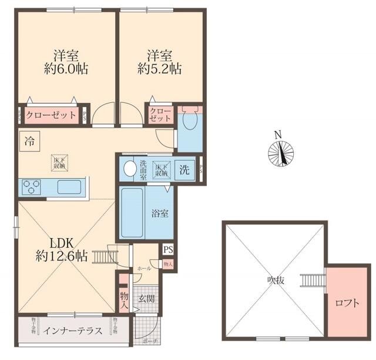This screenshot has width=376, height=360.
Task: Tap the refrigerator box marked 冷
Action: click(x=28, y=141)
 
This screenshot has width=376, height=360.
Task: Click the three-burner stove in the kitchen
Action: click(x=31, y=188)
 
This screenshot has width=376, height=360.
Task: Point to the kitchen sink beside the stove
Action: click(x=69, y=188)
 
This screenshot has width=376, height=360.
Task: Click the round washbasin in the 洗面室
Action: click(x=129, y=170)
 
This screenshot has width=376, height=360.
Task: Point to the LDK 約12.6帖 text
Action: click(x=61, y=249)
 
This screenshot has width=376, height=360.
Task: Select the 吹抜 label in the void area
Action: click(x=274, y=281)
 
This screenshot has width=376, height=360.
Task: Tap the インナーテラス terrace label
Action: click(x=73, y=331)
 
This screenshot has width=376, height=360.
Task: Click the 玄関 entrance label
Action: click(x=146, y=299)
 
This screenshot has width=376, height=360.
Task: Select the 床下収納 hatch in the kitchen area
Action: click(x=59, y=163)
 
